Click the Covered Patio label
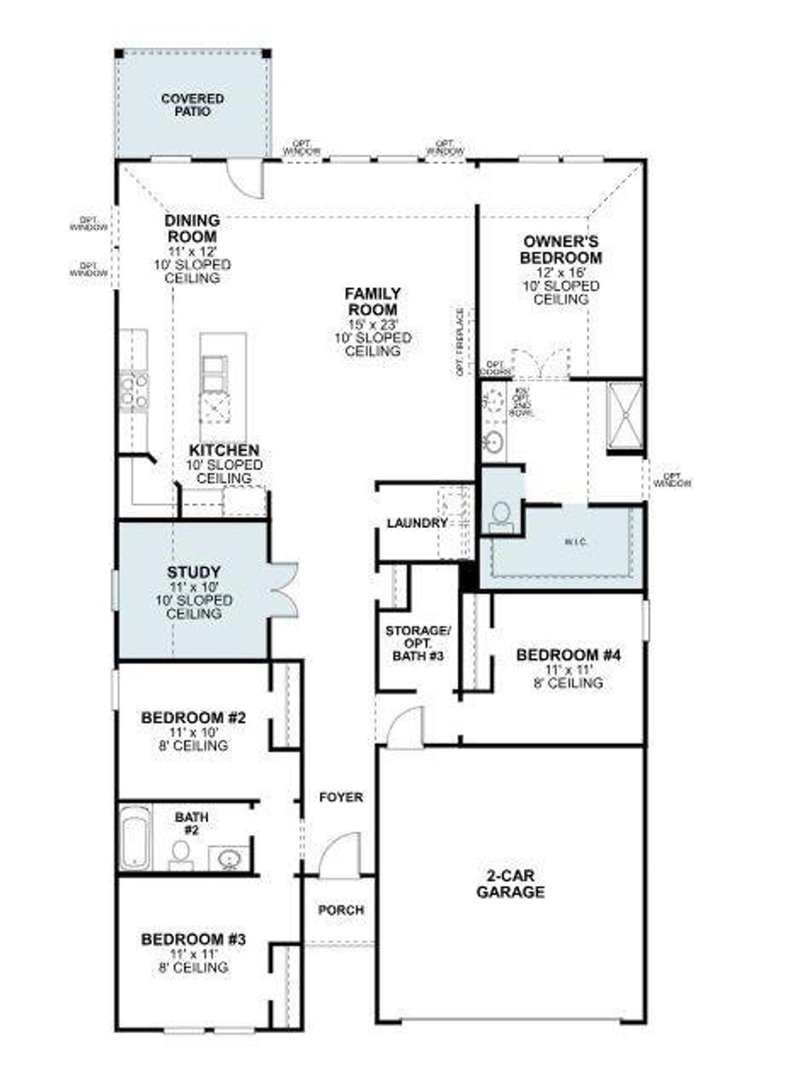(192, 105)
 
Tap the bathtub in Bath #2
(135, 837)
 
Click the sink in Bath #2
(229, 858)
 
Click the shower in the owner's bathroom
(625, 416)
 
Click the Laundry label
(417, 523)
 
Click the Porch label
(341, 910)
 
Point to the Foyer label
(341, 797)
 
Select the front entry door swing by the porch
(338, 853)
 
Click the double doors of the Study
(284, 589)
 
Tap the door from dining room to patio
(245, 179)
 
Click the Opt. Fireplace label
(460, 342)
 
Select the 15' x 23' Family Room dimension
(373, 324)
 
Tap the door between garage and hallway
(406, 727)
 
